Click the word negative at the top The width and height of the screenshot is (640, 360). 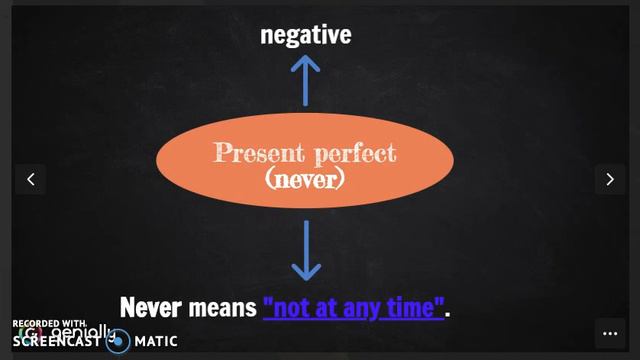(305, 35)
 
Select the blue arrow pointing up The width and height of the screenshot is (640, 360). (305, 80)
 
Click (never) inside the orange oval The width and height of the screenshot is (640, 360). (305, 179)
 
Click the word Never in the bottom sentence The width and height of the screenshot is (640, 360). (151, 306)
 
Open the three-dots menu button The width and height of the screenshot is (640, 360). (609, 333)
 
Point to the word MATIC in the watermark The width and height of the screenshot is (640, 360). (156, 341)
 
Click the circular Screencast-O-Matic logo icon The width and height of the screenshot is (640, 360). (118, 341)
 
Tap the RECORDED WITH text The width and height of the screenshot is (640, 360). (49, 324)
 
